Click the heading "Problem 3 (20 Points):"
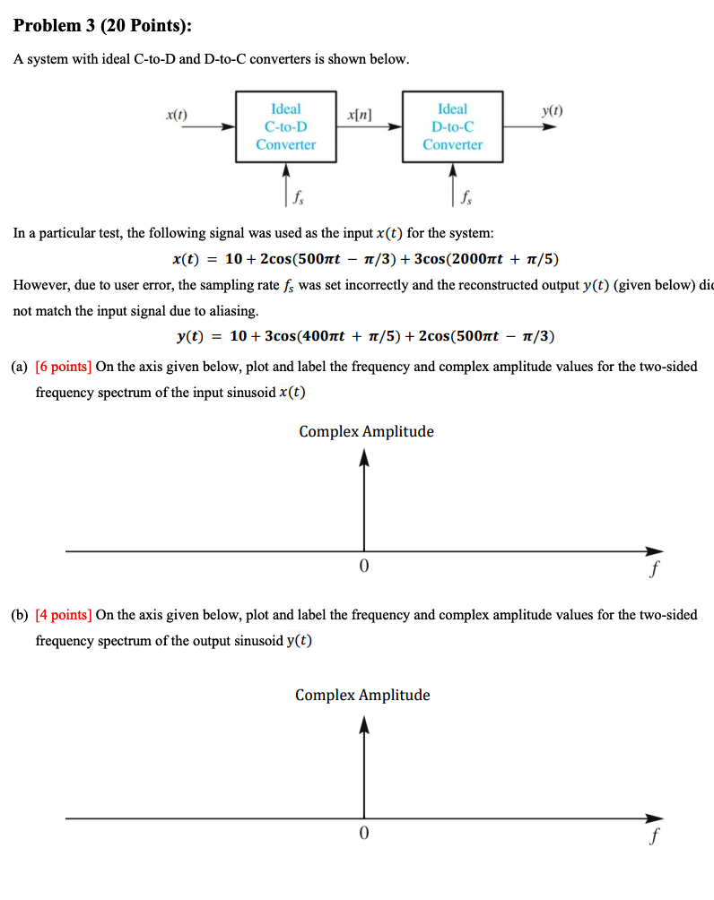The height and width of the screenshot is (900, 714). (x=102, y=26)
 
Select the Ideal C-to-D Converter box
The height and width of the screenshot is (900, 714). (x=286, y=126)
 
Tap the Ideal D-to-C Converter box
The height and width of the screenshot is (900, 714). (x=452, y=126)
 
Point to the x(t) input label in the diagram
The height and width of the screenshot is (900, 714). (x=177, y=114)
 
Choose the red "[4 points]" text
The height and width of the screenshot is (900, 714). (x=64, y=615)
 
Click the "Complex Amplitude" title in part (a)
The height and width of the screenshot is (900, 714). (x=366, y=431)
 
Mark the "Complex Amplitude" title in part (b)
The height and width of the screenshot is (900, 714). (x=362, y=695)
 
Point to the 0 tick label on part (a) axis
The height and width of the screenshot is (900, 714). (x=363, y=567)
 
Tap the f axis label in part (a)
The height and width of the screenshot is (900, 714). (x=656, y=567)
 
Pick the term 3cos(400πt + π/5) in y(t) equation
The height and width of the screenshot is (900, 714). (x=335, y=336)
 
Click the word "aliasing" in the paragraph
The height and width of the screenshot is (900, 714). (x=233, y=311)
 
